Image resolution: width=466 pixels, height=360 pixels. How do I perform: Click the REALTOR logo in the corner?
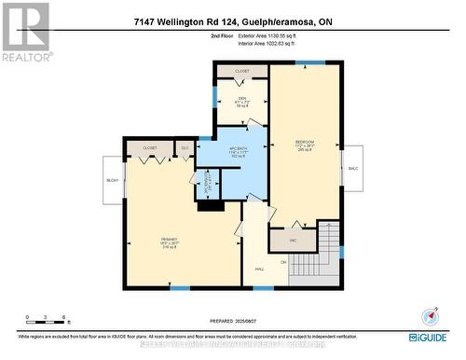(x=25, y=31)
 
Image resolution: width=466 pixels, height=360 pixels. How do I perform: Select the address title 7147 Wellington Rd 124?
(x=233, y=21)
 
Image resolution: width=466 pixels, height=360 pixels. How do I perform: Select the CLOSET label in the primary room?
(x=150, y=148)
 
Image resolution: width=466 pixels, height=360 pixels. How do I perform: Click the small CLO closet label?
(x=185, y=148)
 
